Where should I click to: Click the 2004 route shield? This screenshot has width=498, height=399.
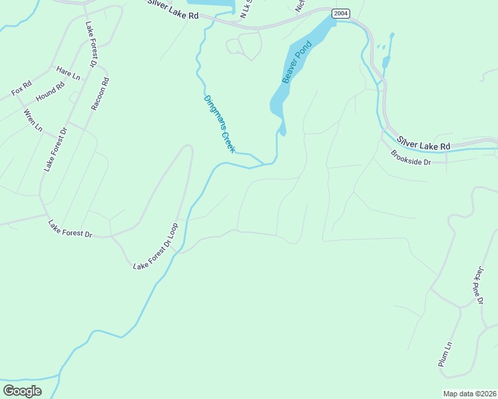(x=340, y=13)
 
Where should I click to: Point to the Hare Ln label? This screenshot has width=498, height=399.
(x=68, y=73)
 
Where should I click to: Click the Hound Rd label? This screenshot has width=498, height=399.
(x=50, y=92)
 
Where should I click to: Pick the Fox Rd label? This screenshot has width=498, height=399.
(x=21, y=88)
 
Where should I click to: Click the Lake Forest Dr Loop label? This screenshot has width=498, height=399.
(x=156, y=247)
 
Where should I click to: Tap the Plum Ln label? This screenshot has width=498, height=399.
(x=445, y=354)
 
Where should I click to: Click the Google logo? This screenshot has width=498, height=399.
(x=22, y=390)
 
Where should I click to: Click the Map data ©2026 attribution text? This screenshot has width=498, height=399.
(x=469, y=394)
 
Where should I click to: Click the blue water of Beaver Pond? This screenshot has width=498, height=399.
(x=313, y=40)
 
